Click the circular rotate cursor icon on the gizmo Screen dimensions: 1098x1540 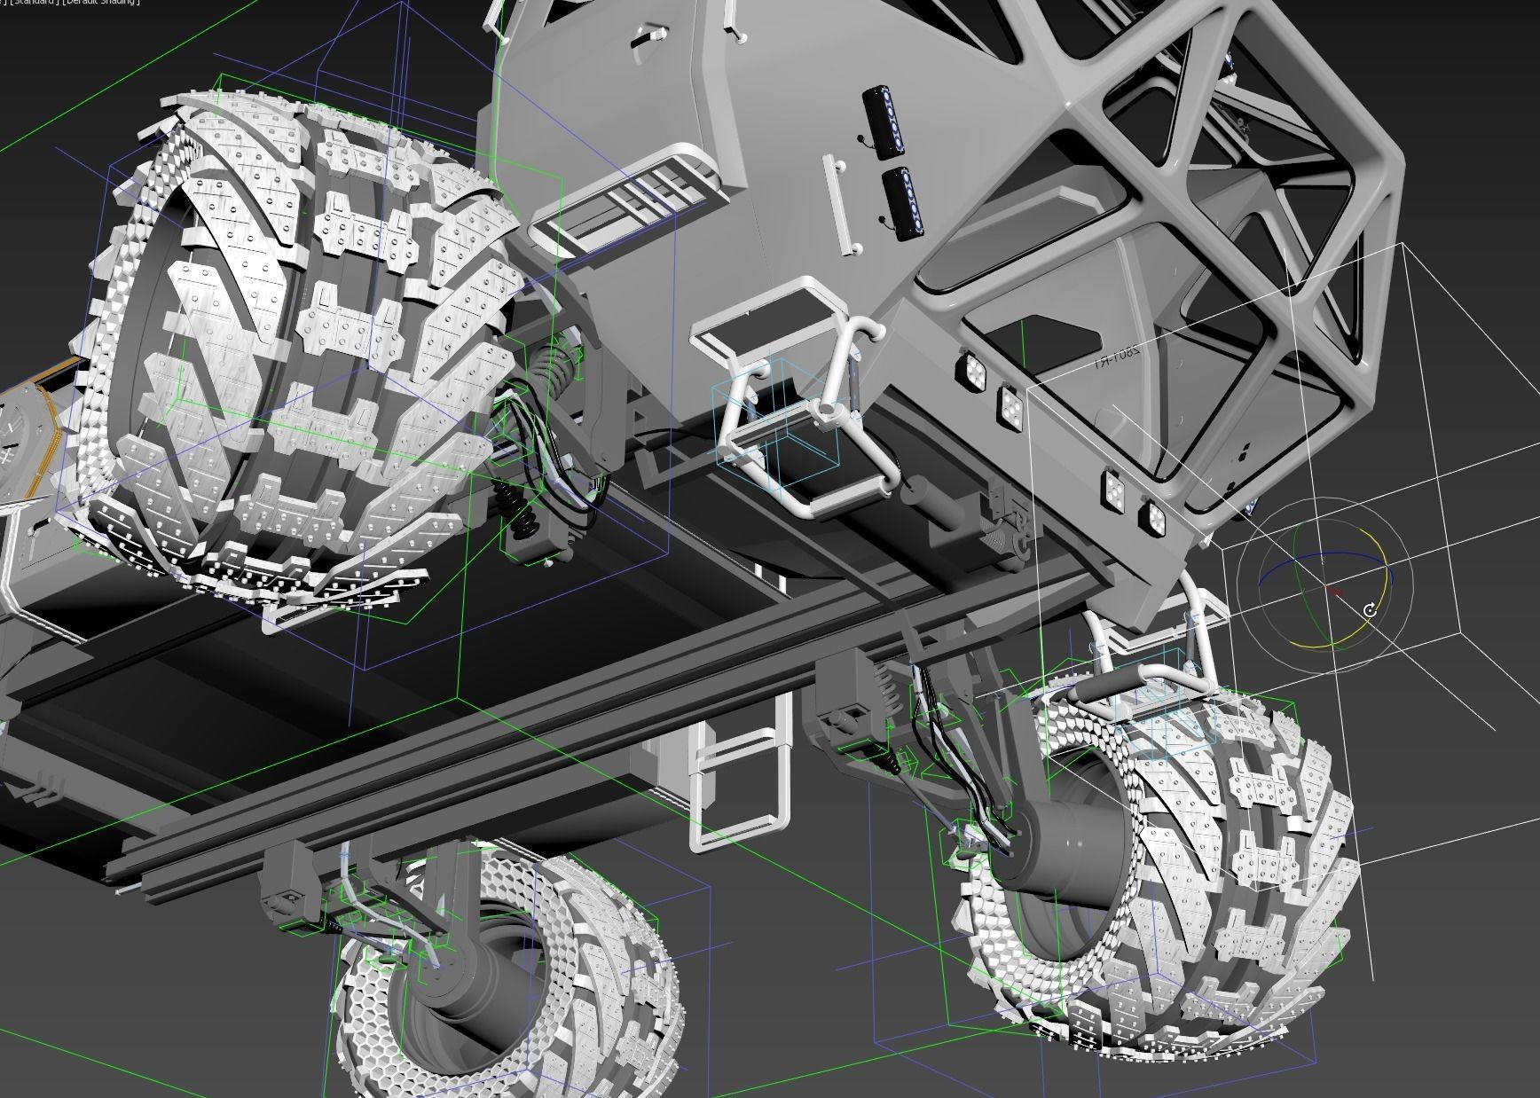tap(1370, 610)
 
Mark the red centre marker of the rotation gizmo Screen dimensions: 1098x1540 tap(1331, 588)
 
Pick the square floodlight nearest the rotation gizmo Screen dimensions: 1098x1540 tap(1154, 517)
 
